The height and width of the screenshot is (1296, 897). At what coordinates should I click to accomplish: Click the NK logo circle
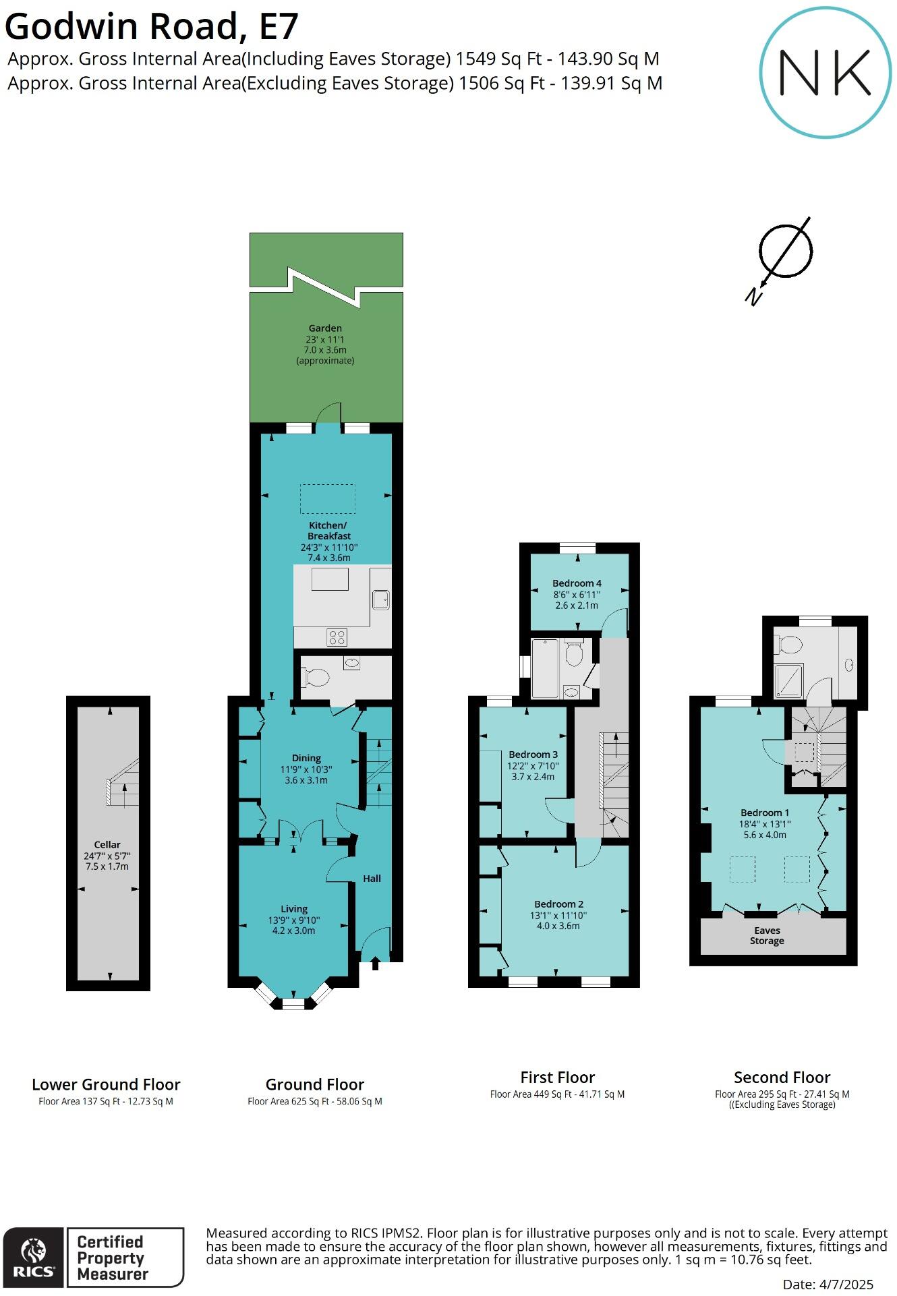coord(825,73)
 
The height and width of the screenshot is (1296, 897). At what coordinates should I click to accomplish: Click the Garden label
coord(325,328)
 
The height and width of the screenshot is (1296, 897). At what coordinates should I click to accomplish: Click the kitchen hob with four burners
coord(337,637)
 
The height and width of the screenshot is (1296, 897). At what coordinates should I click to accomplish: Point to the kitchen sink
coord(381,598)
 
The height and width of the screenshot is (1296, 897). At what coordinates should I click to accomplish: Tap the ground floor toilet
coord(316,676)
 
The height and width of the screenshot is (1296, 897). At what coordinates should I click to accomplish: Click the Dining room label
coord(306,758)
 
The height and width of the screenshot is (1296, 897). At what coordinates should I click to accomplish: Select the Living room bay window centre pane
coord(293,1004)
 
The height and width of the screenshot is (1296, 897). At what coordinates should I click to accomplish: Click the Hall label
coord(372,879)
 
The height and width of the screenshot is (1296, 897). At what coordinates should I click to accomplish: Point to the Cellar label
coord(107,844)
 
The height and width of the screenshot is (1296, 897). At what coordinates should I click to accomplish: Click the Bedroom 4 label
coord(577,583)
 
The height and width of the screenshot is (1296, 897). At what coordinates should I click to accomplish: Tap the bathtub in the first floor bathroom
coord(545,668)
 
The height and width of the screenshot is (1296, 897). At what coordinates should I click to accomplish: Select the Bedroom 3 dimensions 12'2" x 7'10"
coord(533,766)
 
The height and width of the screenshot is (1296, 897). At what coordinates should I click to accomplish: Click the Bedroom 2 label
coord(558,904)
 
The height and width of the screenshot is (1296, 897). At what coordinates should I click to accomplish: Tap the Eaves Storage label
coord(767,935)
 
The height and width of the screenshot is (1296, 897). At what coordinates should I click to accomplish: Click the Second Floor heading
coord(782,1078)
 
